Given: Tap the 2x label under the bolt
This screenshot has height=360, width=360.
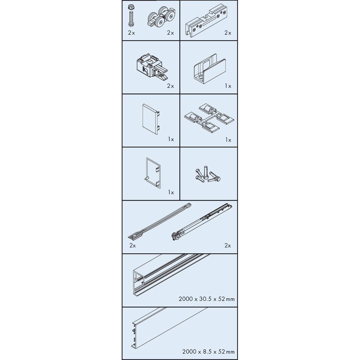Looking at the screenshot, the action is [131, 33].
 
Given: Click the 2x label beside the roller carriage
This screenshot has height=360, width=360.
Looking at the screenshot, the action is [171, 33].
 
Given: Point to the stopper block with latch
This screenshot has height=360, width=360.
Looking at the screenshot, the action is [152, 67].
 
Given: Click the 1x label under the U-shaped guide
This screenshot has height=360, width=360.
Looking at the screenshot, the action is [228, 86].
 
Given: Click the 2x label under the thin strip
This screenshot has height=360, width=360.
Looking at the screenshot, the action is [133, 246].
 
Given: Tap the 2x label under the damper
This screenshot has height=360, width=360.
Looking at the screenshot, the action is [228, 246].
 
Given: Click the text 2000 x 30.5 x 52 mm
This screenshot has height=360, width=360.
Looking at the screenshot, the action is [207, 299].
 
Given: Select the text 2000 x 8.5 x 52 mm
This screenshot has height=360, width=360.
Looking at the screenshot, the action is [208, 351].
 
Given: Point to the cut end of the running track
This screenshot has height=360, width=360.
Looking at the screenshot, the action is [139, 282].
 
